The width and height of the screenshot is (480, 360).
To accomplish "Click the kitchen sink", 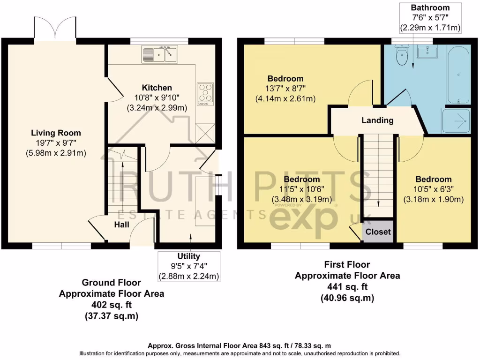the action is coord(159,54).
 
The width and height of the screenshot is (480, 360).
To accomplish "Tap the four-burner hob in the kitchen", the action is coord(205,94).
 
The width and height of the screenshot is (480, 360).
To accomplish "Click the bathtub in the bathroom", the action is coord(458,75).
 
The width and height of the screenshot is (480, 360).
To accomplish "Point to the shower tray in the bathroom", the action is coord(456,120).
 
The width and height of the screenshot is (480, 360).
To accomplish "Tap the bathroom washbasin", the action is coord(427,52).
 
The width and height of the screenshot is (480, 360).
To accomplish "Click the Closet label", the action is coord(378,232).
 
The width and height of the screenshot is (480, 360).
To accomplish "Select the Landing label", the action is coord(377,120).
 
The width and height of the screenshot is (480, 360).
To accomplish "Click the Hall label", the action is coord(121,225).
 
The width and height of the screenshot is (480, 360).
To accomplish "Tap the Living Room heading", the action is coord(56,133).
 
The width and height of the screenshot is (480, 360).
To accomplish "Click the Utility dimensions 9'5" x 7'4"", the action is coord(189,266).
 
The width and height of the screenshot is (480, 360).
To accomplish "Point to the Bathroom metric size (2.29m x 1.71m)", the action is coord(430,28).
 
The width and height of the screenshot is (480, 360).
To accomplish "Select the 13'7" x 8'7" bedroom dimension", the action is coord(285,89).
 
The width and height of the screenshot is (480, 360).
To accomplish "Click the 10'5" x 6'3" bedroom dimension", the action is coord(434,189).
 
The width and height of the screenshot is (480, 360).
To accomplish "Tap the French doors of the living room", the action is coord(55,29).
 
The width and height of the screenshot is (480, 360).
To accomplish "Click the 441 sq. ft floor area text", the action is coord(347,287).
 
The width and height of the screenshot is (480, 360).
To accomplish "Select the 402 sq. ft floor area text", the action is coord(112,305).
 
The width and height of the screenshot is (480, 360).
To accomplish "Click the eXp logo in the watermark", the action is coord(303,219).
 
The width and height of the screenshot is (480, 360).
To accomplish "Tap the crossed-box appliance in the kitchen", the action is coord(205,133).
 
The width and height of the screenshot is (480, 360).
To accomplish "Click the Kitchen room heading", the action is coord(157,88).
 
